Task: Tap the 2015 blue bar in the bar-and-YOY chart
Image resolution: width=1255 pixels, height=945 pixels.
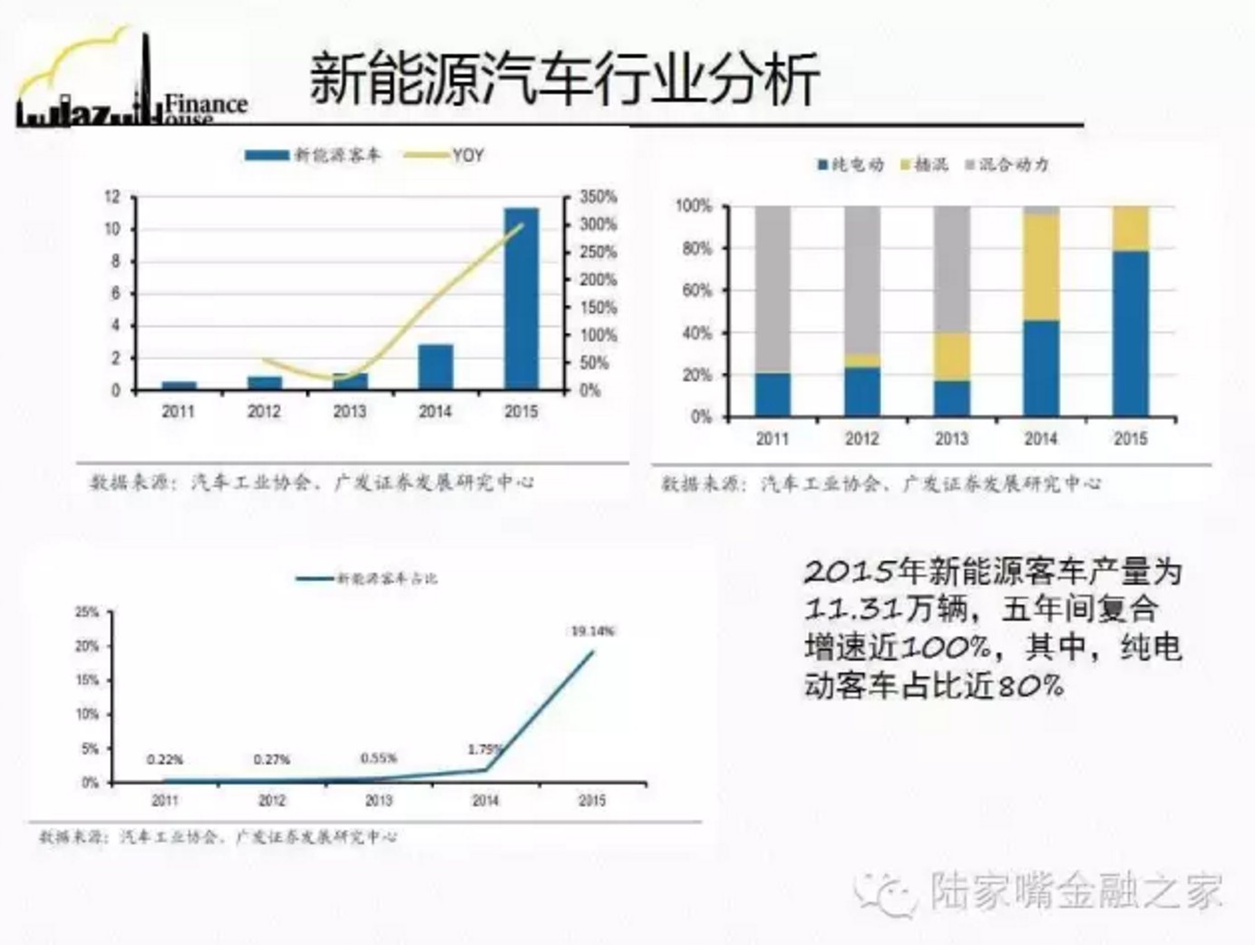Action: point(520,299)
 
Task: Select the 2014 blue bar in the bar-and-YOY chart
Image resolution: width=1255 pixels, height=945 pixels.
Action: point(435,366)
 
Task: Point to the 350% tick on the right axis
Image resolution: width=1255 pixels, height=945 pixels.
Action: point(598,197)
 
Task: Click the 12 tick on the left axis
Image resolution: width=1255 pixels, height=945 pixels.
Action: point(112,197)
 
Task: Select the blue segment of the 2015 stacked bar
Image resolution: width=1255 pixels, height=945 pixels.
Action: point(1130,334)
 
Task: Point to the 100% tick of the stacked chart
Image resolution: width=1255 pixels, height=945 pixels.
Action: point(694,206)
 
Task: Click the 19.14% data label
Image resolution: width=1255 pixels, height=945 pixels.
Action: point(592,630)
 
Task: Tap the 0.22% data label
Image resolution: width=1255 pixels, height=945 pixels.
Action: point(165,759)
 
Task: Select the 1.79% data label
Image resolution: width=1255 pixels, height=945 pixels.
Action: point(485,749)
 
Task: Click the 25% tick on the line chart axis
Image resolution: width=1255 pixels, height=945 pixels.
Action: point(87,612)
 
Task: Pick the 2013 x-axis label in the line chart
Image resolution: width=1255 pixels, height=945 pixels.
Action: point(378,800)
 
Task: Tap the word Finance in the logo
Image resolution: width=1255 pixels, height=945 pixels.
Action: point(206,103)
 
